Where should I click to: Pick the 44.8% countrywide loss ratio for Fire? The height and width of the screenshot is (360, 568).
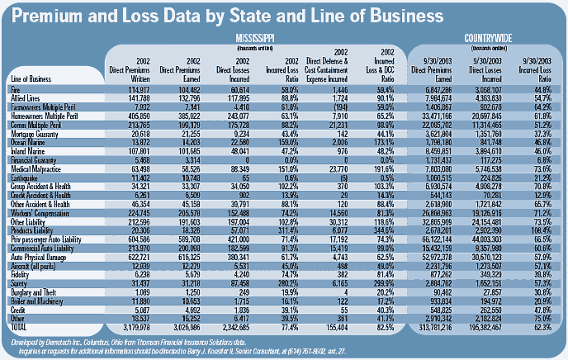tap(542, 88)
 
